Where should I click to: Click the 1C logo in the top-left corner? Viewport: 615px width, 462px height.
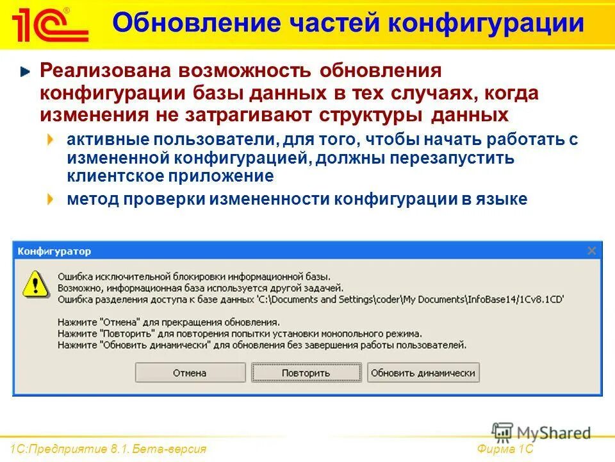click(x=49, y=25)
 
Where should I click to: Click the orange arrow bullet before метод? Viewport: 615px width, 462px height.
click(x=51, y=200)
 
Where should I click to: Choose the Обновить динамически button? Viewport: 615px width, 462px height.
click(x=423, y=373)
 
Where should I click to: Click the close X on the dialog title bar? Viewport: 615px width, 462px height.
click(x=591, y=250)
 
